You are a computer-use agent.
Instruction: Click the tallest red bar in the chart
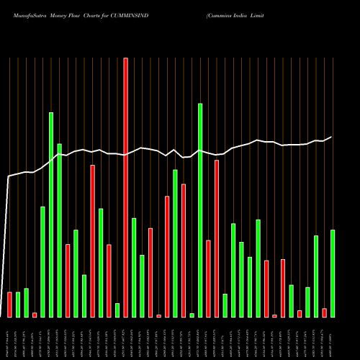(126, 187)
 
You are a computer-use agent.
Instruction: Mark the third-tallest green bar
(60, 230)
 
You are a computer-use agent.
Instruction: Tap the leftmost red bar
(9, 305)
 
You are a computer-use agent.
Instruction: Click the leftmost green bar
(18, 305)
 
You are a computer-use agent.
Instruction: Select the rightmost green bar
(333, 274)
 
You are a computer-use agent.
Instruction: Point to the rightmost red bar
(324, 312)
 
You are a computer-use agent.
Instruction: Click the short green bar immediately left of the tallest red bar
(117, 310)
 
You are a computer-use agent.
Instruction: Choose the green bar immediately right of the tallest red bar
(134, 267)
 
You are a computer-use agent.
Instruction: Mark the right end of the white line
(332, 137)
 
